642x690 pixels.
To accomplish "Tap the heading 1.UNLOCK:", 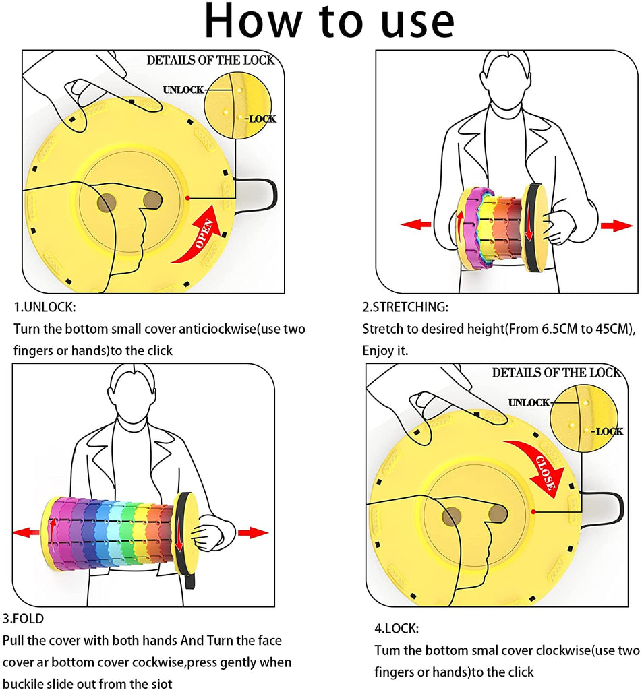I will click(x=45, y=307).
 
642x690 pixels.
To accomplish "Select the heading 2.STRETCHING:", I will click(x=405, y=307).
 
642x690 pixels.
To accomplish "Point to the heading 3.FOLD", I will click(x=24, y=618).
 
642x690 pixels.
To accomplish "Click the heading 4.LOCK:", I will click(x=397, y=629).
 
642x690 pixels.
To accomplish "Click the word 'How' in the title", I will click(x=254, y=22).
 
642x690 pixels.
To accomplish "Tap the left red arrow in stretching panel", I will click(x=415, y=224).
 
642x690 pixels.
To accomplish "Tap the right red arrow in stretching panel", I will click(x=616, y=226).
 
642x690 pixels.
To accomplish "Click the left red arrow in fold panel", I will click(x=26, y=532).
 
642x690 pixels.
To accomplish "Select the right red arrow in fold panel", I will click(x=253, y=532).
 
